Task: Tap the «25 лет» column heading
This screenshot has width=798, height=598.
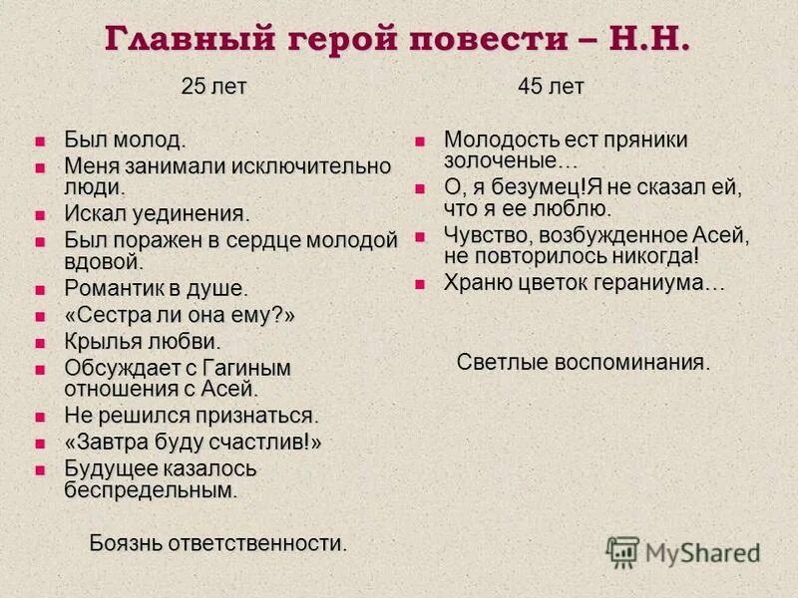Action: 213,87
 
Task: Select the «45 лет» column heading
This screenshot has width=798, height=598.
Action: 551,87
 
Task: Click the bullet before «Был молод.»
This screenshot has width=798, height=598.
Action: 41,141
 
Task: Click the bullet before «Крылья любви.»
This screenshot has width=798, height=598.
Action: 41,343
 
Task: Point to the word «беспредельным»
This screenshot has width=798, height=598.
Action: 150,489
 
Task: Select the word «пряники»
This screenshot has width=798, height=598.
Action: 644,140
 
